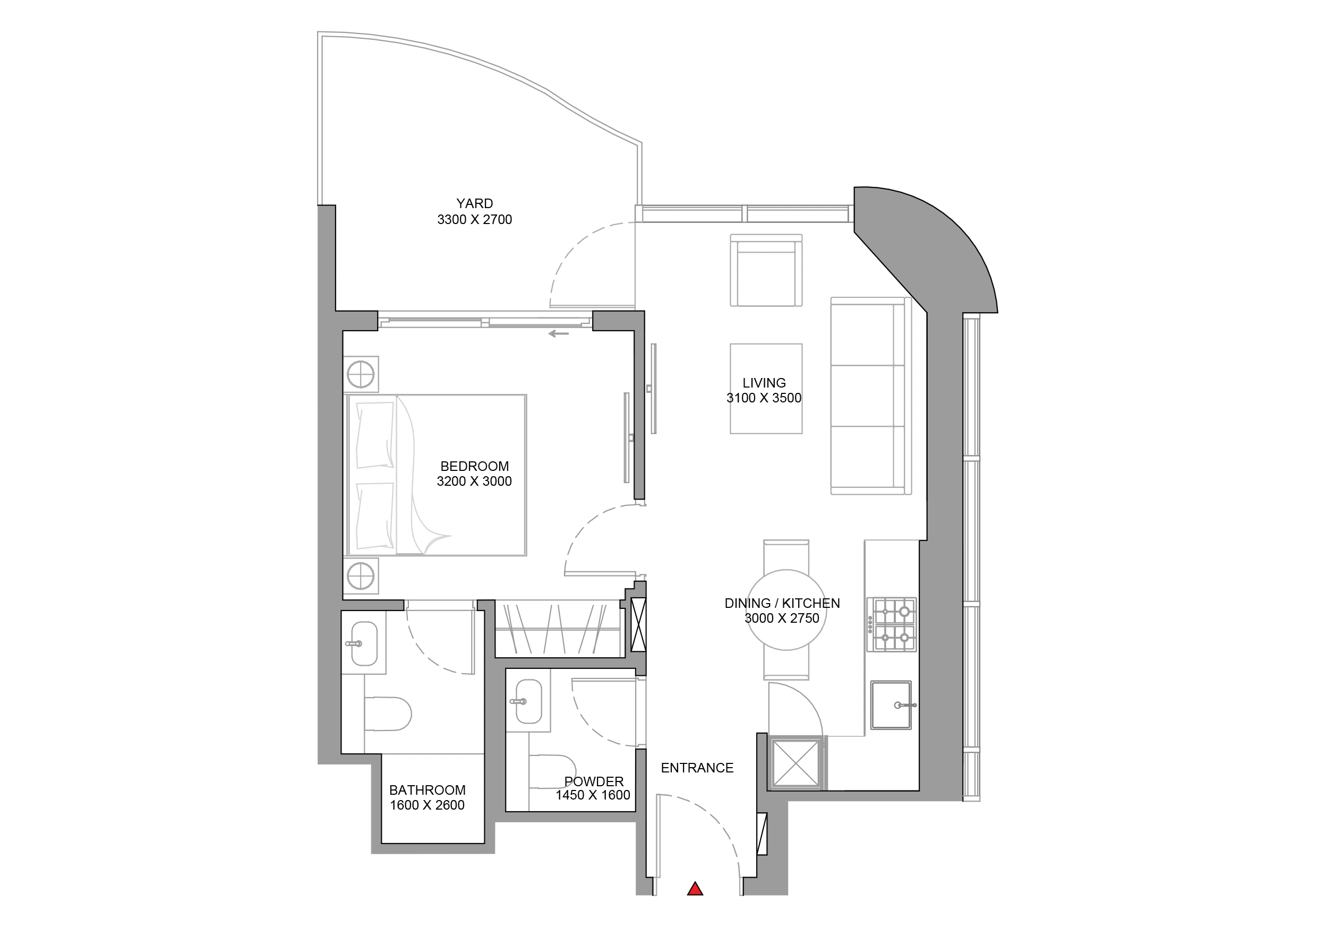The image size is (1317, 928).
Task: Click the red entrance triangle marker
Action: coord(695,889)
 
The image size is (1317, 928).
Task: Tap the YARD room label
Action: coord(474,204)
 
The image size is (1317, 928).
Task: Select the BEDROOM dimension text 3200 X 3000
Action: coord(474,481)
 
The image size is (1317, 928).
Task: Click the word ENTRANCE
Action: coord(697,768)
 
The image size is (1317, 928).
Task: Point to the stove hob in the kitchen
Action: coord(892,624)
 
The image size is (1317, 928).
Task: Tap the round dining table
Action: coord(786,609)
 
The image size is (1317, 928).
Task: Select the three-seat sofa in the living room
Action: coord(871,396)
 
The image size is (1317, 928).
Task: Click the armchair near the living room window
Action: coord(766,270)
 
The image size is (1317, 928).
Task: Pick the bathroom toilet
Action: coord(388,714)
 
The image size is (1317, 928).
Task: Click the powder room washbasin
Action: coord(528,701)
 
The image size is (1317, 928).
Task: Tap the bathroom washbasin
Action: coord(363,643)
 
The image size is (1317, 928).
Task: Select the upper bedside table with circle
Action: coord(361,374)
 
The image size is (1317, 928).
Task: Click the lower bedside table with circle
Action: coord(361,576)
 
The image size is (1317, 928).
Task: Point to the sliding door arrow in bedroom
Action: coord(559,334)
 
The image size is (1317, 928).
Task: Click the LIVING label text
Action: coord(764,383)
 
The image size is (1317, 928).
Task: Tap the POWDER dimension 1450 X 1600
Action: coord(593,795)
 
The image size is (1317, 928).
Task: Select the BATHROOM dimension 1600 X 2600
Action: coord(427,805)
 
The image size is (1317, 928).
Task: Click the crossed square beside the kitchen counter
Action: coord(796,763)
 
